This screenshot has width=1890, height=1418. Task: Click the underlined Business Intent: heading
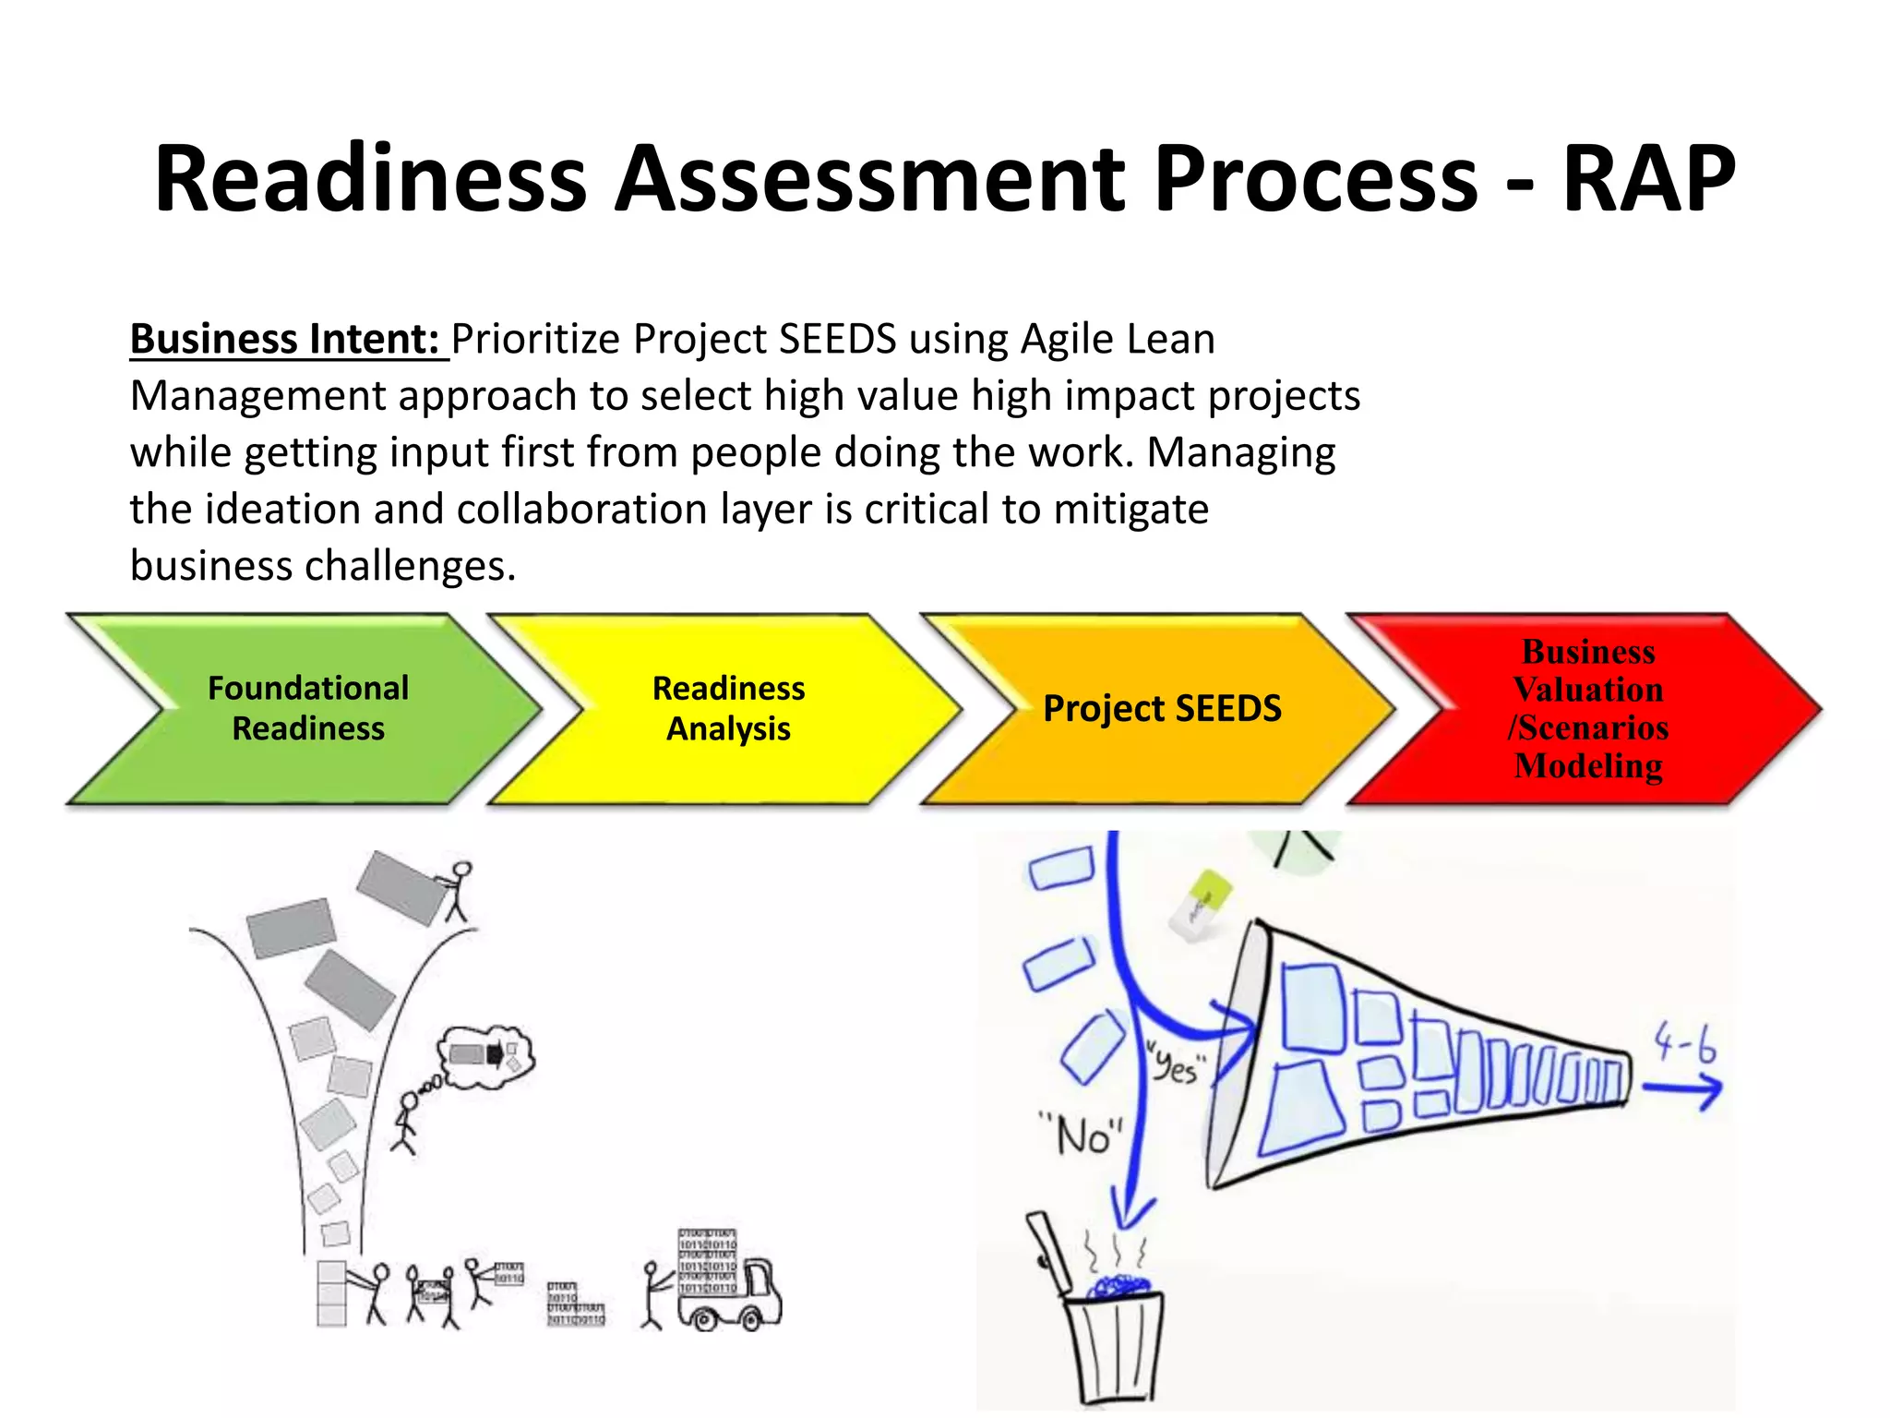(x=284, y=339)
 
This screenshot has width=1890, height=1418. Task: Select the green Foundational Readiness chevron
(x=307, y=708)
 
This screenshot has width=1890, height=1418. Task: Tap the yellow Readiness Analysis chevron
(x=728, y=708)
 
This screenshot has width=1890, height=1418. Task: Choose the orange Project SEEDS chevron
(x=1161, y=708)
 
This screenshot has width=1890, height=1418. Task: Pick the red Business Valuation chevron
(x=1587, y=708)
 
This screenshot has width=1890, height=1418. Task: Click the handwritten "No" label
(x=1081, y=1135)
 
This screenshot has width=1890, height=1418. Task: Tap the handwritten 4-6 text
(x=1684, y=1043)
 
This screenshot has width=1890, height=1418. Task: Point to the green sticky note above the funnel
(x=1202, y=905)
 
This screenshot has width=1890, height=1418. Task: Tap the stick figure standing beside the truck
(x=652, y=1295)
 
